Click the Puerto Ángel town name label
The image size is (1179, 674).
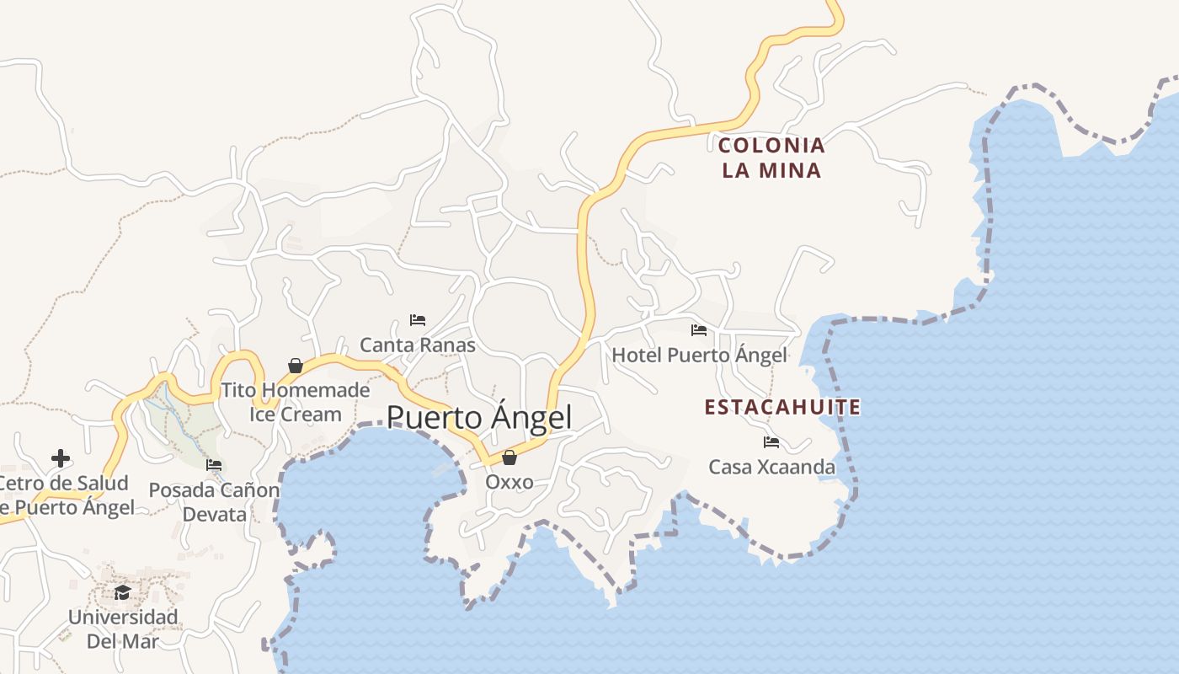(x=479, y=418)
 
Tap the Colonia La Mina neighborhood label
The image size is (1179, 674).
(x=771, y=158)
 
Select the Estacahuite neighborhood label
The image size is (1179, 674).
(x=782, y=408)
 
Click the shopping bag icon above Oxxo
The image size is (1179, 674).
(x=509, y=457)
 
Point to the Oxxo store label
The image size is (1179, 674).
(x=509, y=482)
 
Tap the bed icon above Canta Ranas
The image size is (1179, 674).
(x=417, y=320)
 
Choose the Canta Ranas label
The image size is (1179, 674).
(x=418, y=345)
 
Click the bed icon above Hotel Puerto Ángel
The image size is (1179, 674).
(x=698, y=330)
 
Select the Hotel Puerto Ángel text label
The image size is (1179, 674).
(x=699, y=356)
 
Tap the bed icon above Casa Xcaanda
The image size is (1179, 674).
(x=771, y=442)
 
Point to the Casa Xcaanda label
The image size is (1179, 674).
(x=771, y=467)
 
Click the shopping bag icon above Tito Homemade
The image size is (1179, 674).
(x=295, y=366)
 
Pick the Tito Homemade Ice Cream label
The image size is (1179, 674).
(x=296, y=402)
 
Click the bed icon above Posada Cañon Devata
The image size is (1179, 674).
(x=214, y=465)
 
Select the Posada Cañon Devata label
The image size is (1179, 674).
(x=214, y=502)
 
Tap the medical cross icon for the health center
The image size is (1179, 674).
(x=61, y=458)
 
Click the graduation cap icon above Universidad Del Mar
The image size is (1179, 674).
(x=122, y=592)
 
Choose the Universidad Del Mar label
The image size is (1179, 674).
(x=123, y=629)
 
